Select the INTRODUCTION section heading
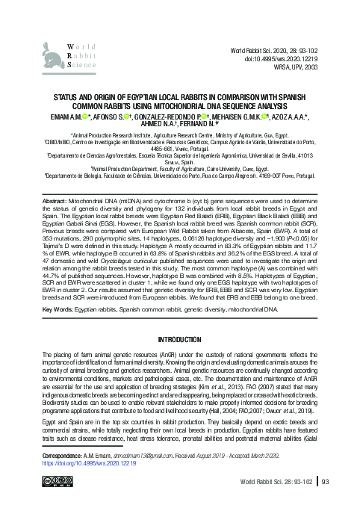tap(179, 338)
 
